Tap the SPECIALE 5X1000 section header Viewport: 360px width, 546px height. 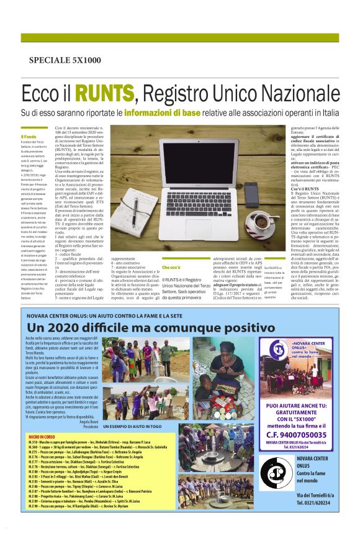[x=65, y=60]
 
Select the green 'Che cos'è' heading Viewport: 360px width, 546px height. [x=171, y=250]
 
